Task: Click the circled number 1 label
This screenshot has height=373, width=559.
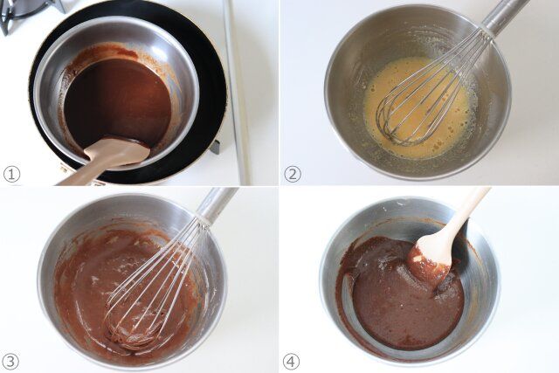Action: point(11,174)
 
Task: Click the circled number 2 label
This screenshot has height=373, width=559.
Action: point(293,174)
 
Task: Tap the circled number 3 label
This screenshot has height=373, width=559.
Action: point(11,361)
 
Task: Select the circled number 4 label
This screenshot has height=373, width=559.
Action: point(291,361)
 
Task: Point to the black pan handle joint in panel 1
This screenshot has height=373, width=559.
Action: point(214,147)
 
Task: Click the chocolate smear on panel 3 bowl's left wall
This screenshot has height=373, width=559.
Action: point(70,280)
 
